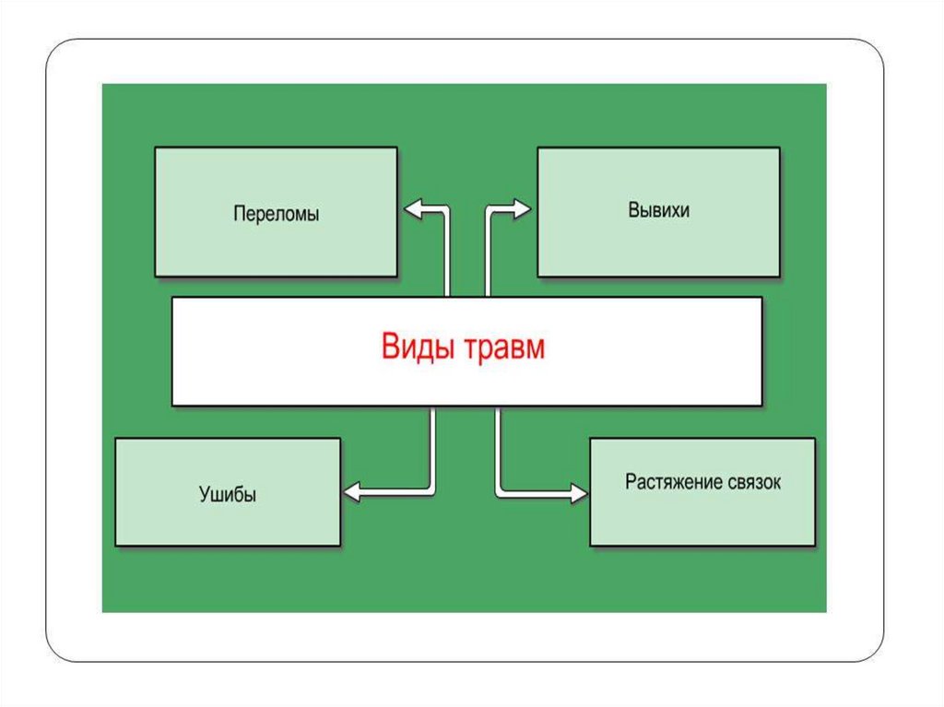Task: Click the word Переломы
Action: click(276, 215)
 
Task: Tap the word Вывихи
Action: click(659, 210)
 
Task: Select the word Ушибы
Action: click(228, 494)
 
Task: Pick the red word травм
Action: click(504, 348)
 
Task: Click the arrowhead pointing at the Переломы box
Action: click(412, 211)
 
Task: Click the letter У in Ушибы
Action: click(204, 494)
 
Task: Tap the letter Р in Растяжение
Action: click(631, 481)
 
